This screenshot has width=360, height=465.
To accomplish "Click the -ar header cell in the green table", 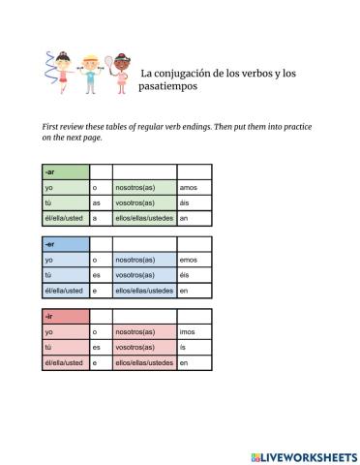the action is [64, 171].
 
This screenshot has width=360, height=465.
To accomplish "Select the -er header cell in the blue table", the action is [64, 245].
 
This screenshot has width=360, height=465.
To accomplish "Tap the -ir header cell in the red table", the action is [64, 317].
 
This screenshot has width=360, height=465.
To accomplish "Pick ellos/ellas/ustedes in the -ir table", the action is [144, 363].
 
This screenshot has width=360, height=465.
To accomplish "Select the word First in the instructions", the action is [51, 127].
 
